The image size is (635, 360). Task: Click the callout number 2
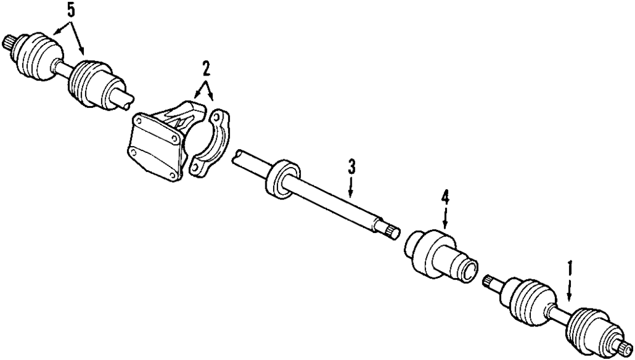205,68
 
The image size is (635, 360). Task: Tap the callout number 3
351,167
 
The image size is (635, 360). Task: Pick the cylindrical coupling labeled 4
439,255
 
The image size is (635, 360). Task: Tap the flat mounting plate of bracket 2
152,143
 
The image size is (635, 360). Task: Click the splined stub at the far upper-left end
10,43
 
